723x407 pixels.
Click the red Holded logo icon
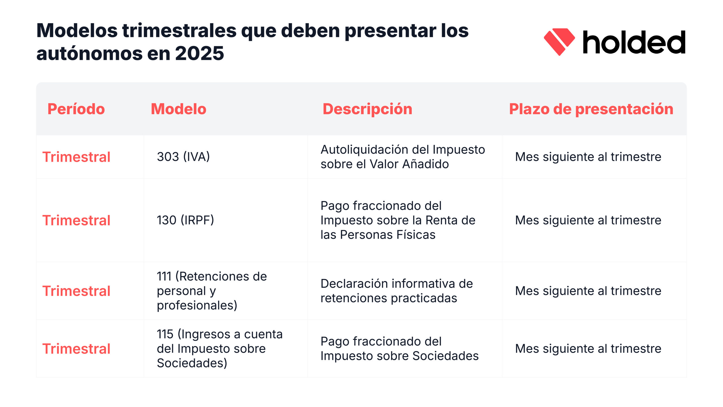[559, 42]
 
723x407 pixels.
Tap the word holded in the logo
[634, 42]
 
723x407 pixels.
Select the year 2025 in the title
[199, 53]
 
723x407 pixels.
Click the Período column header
[76, 109]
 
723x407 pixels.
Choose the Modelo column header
[178, 109]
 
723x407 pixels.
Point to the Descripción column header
[367, 109]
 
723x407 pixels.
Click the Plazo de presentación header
[591, 109]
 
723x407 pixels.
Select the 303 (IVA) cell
[183, 157]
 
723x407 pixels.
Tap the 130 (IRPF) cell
[185, 220]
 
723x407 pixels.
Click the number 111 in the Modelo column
[164, 276]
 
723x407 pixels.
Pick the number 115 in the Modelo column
[165, 334]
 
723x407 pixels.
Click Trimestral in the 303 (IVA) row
[76, 157]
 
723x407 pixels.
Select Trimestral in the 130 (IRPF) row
[76, 220]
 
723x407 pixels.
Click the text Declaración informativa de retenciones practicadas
[396, 291]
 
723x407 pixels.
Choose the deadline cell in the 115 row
[588, 349]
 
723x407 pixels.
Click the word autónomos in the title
[89, 53]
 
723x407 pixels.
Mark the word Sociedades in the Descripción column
[445, 356]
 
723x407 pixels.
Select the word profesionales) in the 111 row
[197, 305]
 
